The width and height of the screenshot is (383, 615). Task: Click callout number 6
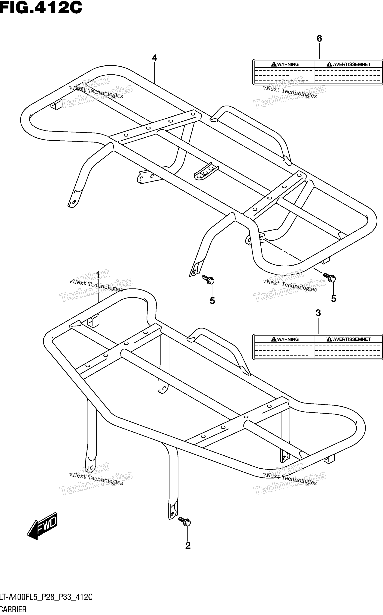tap(319, 39)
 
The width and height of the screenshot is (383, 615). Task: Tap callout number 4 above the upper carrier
tap(154, 58)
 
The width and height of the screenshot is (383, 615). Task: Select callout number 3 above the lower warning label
tap(318, 313)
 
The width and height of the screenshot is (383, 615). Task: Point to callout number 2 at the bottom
tap(188, 545)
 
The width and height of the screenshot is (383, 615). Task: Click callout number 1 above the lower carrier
tap(98, 275)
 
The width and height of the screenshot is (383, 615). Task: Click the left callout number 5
tap(212, 301)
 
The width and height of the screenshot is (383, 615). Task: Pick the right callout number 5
tap(334, 299)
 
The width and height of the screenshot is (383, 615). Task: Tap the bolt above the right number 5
tap(329, 277)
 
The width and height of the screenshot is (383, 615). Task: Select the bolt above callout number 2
tap(184, 521)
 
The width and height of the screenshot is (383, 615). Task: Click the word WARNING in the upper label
tap(288, 64)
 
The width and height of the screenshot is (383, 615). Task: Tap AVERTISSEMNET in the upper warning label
tap(352, 64)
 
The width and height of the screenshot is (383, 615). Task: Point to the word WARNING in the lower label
tap(288, 339)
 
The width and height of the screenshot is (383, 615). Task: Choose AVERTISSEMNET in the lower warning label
tap(352, 339)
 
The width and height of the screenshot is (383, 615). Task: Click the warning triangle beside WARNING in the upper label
tap(274, 64)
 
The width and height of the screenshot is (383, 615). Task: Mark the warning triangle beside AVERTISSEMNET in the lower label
tap(329, 339)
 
